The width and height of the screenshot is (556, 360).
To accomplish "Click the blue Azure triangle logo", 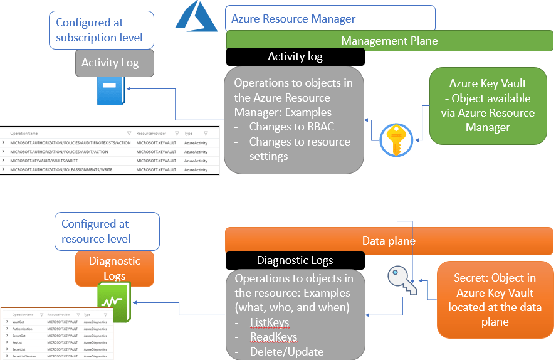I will click(196, 17).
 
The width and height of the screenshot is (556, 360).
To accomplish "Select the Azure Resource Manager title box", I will click(330, 19).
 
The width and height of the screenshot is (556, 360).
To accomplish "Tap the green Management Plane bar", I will click(389, 41).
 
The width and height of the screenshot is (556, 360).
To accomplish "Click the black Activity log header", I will click(295, 56).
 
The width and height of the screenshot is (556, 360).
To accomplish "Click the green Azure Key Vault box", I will click(488, 105).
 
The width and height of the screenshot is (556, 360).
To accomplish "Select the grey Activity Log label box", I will click(110, 63).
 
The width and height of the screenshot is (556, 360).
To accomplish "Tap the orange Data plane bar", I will click(389, 241).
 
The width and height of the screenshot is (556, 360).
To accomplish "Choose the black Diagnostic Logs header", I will click(295, 260).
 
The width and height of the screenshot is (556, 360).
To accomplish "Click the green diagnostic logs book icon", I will click(113, 302).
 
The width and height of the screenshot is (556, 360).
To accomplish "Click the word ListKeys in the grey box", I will click(270, 322).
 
